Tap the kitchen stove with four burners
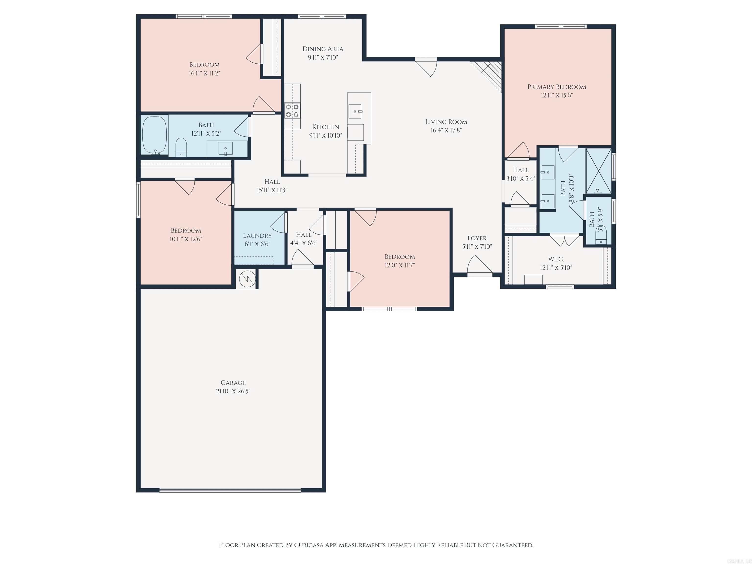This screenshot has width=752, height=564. point(292,110)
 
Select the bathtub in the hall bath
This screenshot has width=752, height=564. point(154,135)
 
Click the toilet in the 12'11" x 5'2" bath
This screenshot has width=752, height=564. point(181,147)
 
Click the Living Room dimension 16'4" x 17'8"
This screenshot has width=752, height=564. point(446,130)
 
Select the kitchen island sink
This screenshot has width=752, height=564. point(355,111)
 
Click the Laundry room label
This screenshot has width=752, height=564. point(257,235)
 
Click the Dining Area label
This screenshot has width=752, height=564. point(323,49)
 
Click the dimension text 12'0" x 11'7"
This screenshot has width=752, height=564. point(399,265)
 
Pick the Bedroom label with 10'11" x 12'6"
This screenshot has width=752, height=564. point(186,231)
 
